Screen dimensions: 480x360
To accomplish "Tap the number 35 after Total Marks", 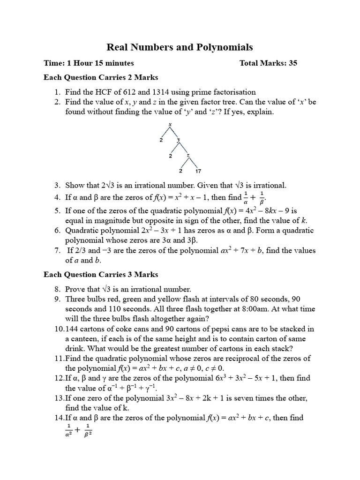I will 293,63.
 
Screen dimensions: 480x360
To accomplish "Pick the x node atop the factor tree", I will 170,124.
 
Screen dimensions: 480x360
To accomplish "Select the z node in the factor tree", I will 188,155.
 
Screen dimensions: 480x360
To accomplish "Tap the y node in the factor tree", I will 179,140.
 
